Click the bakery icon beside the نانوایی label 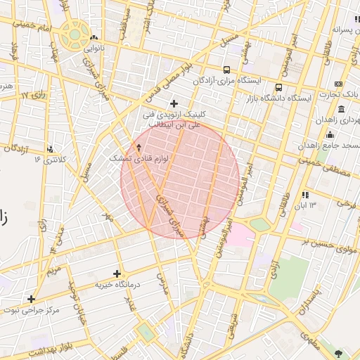tap(94, 38)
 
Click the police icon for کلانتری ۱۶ tap(50, 149)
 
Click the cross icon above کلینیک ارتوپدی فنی tap(174, 103)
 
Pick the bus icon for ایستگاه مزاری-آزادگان tap(226, 70)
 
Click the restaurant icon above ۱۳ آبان tap(304, 195)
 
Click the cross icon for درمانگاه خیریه tap(117, 274)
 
